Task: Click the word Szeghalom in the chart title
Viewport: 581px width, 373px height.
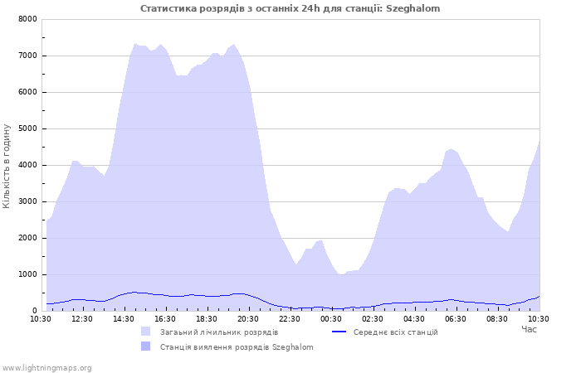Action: coord(413,8)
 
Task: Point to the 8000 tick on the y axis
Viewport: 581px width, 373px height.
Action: coord(27,19)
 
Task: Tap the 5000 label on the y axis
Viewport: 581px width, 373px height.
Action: coord(27,128)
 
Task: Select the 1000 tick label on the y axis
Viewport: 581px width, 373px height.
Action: coord(27,274)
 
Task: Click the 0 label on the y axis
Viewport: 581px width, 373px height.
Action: coord(35,311)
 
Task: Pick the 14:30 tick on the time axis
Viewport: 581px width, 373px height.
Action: coord(124,319)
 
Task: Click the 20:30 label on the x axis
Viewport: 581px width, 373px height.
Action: coord(248,319)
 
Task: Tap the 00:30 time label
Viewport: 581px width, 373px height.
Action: coord(331,319)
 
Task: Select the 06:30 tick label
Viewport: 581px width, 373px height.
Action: coord(456,319)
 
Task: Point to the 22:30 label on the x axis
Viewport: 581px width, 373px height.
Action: coord(290,319)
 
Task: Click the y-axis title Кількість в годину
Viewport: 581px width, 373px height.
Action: coord(7,166)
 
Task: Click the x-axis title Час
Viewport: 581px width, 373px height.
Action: coord(529,329)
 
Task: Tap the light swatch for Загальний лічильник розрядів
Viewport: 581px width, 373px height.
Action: coord(145,332)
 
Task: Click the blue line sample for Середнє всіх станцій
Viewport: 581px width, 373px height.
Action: coord(339,332)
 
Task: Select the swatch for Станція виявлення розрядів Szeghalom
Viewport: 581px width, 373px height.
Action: coord(145,346)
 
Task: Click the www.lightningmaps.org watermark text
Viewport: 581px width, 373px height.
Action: coord(46,368)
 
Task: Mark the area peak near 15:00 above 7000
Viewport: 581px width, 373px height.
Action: coord(134,44)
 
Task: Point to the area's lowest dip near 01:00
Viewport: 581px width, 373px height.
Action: coord(341,274)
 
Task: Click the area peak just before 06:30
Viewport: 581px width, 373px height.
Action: coord(451,148)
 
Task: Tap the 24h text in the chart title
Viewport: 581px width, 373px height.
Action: coord(310,8)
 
